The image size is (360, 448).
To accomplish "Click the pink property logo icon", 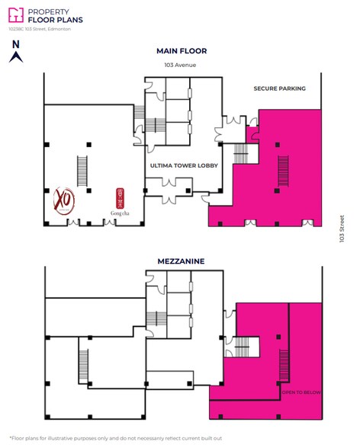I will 16,15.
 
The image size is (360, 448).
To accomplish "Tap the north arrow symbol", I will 14,56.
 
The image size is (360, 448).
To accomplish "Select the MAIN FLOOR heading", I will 182,51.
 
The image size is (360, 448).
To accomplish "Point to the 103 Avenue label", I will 181,65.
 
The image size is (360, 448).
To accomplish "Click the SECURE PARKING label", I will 279,88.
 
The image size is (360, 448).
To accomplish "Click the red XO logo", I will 65,202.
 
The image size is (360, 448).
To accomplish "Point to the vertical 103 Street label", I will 342,226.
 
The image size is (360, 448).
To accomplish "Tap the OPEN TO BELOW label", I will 301,392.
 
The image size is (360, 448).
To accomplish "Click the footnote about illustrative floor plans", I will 115,437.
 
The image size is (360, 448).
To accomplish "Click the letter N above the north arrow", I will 14,44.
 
